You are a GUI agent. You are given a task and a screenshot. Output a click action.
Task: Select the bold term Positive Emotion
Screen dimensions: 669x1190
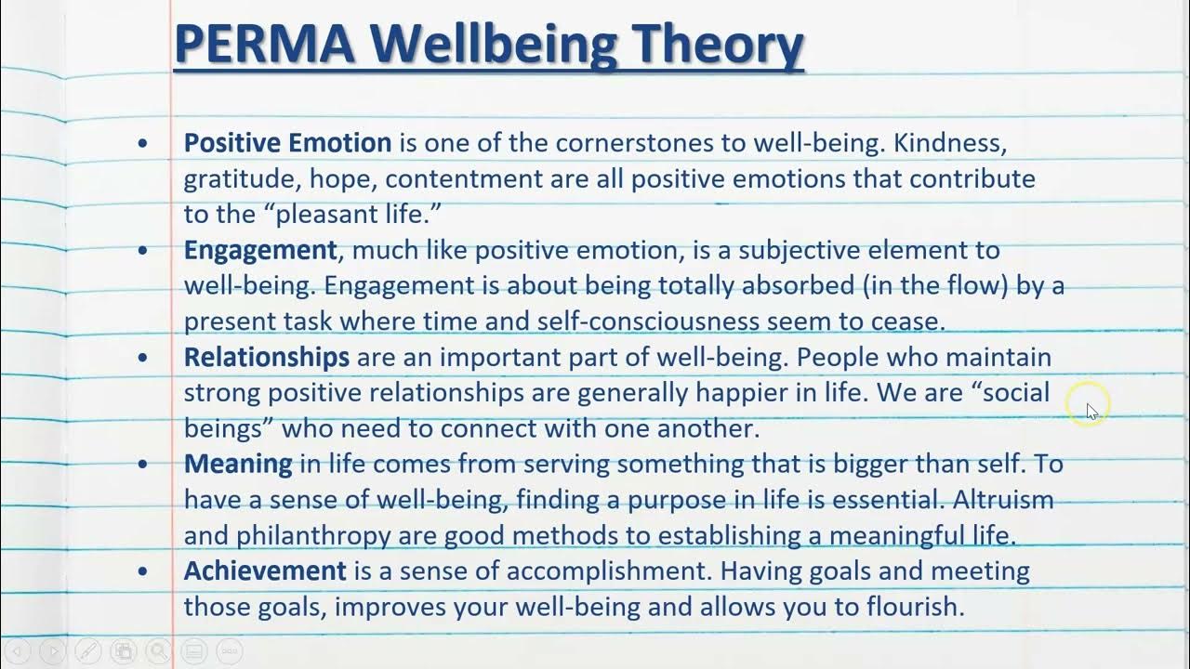(x=287, y=143)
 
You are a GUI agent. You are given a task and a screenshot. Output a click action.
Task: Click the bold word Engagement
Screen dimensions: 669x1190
(x=260, y=250)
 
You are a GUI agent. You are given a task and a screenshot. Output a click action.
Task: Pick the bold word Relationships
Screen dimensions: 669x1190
(x=267, y=357)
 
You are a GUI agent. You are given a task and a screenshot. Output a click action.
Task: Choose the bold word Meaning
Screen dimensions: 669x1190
(x=238, y=464)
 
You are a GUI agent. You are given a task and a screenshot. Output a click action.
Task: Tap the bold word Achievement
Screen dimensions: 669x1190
(x=265, y=571)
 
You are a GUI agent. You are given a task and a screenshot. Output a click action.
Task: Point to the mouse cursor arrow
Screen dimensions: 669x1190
(x=1091, y=410)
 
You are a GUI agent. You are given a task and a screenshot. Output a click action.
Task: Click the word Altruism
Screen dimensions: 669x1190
(x=1003, y=499)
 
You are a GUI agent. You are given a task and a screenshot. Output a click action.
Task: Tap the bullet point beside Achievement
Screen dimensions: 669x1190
(x=142, y=571)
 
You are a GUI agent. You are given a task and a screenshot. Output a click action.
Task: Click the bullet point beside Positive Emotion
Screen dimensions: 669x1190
(x=142, y=144)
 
